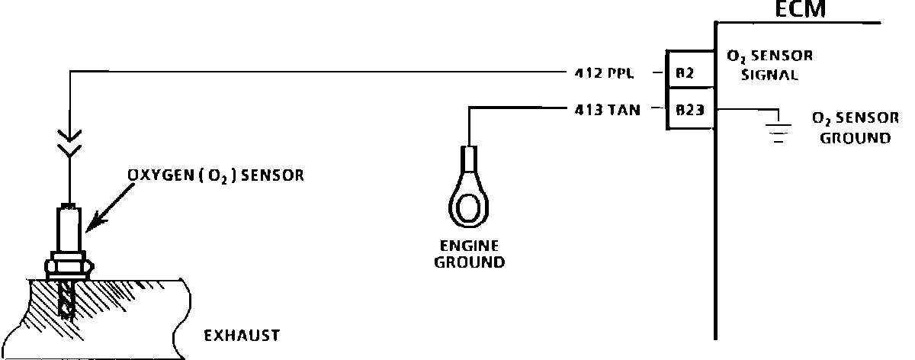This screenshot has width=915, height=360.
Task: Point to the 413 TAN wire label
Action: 607,109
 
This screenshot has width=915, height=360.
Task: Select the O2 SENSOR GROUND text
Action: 852,128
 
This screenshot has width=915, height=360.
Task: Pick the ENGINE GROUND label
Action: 468,255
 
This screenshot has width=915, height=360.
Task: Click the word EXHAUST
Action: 241,335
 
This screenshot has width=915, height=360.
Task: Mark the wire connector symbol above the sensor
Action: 69,144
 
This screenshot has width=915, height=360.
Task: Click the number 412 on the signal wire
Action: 587,74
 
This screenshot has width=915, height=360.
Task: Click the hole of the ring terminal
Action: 467,207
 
